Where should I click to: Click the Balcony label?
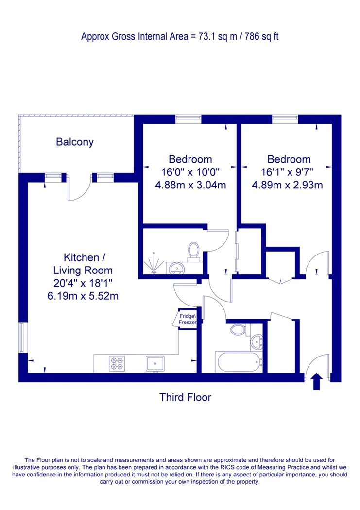[75, 142]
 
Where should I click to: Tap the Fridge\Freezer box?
[187, 319]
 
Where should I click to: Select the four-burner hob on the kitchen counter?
[117, 364]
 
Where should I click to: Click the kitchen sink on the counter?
[155, 363]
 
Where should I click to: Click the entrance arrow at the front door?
[317, 381]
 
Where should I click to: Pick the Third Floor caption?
[186, 397]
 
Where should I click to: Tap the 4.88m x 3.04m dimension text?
[190, 185]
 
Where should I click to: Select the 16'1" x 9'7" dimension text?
[287, 172]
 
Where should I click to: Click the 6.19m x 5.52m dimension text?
[83, 296]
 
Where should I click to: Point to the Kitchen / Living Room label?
[83, 264]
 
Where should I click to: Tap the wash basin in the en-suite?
[176, 268]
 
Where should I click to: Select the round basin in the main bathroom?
[257, 342]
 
